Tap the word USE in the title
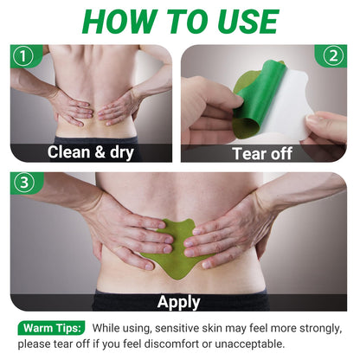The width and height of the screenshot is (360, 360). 247,22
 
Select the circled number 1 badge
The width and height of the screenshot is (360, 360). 23,56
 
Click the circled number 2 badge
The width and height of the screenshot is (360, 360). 333,56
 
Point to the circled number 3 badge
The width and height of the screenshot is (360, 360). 24,183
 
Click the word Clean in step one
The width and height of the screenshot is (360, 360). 69,152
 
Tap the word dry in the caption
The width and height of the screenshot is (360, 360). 122,153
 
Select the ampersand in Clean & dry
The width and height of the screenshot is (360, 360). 100,152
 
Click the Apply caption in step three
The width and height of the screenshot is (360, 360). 179,303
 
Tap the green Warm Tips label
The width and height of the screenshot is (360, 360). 52,328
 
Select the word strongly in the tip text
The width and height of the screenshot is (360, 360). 321,329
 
